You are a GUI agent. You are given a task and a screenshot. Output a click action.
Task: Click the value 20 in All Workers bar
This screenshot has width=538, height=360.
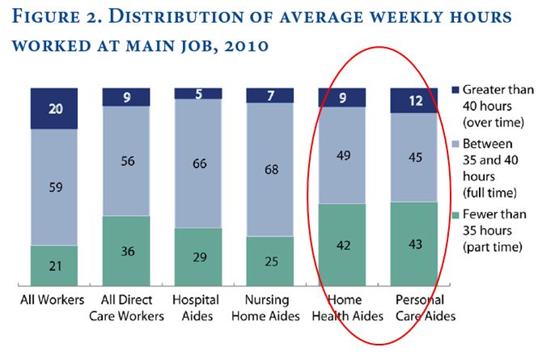click(54, 108)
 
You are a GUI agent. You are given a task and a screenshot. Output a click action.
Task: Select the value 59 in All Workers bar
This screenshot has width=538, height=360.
click(54, 187)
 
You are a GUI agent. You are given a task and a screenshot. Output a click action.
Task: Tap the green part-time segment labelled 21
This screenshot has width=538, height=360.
click(54, 265)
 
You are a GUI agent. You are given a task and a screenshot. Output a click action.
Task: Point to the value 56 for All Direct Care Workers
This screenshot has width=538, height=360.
click(125, 161)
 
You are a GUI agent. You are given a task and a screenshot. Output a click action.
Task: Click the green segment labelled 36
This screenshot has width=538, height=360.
click(125, 250)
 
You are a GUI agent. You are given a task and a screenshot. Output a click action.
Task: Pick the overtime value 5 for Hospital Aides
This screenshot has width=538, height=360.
click(198, 93)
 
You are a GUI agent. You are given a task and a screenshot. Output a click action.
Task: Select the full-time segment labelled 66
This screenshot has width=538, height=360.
click(198, 163)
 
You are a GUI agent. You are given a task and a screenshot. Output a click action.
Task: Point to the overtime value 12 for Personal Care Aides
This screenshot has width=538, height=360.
click(414, 100)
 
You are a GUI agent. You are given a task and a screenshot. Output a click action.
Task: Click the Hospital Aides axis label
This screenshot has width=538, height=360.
click(198, 308)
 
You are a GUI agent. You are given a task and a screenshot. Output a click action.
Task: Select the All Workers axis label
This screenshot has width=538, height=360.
click(54, 301)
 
